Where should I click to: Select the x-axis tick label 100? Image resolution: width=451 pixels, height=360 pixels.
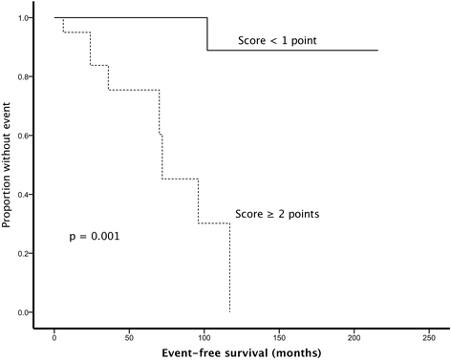[204, 337]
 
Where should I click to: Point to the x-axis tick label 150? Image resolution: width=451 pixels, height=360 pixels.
[278, 337]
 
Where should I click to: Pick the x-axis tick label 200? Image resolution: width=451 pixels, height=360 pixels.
[354, 337]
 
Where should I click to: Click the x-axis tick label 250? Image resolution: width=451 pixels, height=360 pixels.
[428, 337]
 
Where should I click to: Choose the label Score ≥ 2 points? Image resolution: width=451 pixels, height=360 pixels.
[277, 214]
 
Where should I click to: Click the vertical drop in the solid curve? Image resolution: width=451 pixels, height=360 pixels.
[207, 33]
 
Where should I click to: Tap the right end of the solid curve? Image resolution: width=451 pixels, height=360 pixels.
[377, 50]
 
